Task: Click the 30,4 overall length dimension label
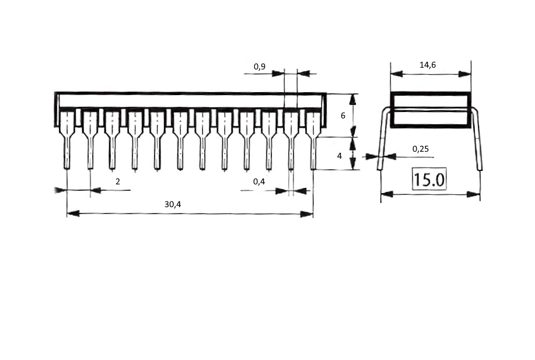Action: pos(173,204)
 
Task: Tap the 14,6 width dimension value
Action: pos(428,65)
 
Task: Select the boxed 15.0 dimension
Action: pos(429,179)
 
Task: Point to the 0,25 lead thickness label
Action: pos(420,149)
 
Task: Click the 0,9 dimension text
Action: pos(259,67)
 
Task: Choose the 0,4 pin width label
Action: pos(259,181)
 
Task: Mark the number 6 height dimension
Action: pos(343,116)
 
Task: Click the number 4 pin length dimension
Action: pos(339,156)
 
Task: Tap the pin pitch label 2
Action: pos(118,181)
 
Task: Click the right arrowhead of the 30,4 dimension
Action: pos(307,214)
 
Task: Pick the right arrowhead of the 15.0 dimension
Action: pos(474,194)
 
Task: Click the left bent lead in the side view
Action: pos(383,138)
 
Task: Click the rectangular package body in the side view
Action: pos(431,110)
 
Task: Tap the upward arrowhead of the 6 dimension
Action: pos(353,99)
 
